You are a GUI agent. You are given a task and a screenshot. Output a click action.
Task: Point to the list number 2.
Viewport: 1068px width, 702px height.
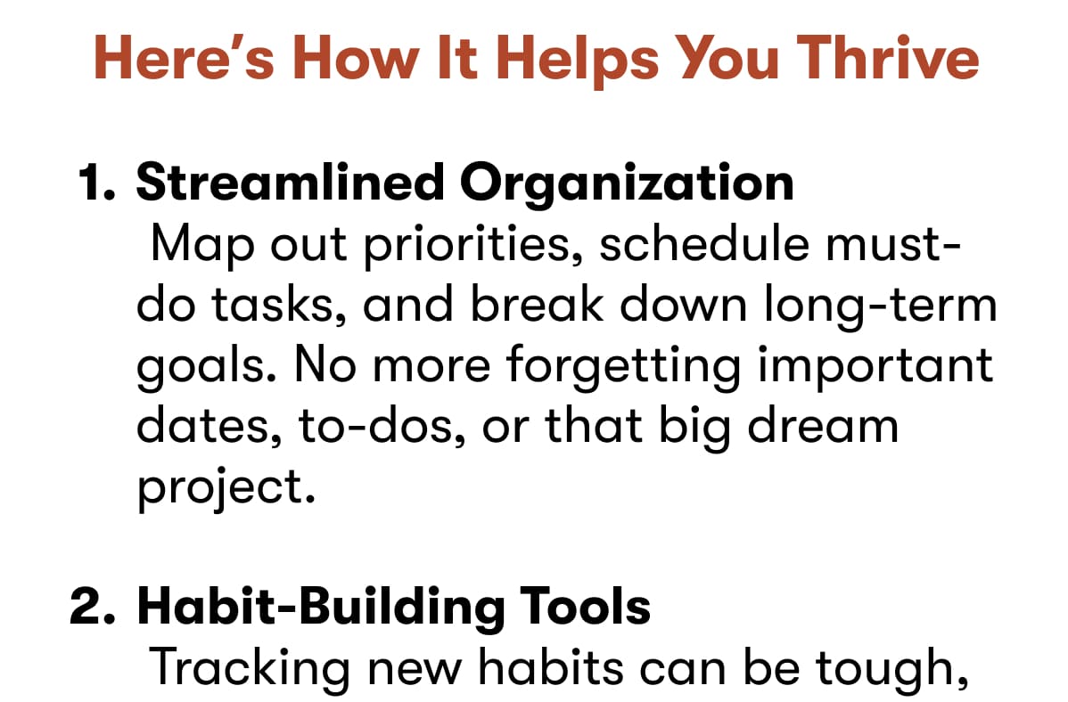pyautogui.click(x=95, y=607)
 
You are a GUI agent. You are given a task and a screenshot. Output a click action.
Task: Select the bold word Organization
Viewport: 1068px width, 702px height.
pyautogui.click(x=626, y=183)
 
